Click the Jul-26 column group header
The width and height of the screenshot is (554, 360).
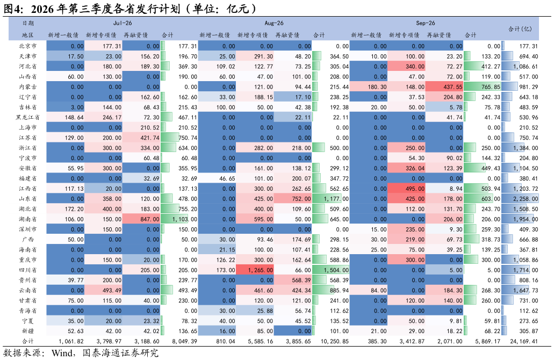123,23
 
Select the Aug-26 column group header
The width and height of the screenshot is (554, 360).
274,23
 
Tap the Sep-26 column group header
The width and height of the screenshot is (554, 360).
426,23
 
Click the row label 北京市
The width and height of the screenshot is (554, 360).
27,46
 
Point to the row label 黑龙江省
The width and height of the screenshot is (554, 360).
27,117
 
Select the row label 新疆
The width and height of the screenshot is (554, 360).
27,331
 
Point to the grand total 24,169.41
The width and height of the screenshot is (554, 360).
524,341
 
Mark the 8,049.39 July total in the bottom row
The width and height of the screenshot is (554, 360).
184,341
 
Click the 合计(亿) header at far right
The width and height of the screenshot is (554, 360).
520,29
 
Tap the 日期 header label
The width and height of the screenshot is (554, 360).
28,23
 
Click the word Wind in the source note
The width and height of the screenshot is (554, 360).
62,353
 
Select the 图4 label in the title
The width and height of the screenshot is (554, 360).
13,9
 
